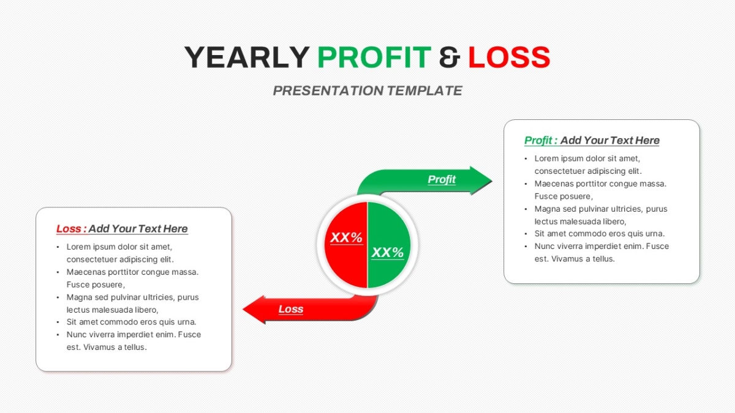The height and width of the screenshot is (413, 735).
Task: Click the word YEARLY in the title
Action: [x=247, y=58]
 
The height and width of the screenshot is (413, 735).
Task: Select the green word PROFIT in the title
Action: [x=374, y=58]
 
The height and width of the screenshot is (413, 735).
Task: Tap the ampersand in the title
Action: [x=450, y=58]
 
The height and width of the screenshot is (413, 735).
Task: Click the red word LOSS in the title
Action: [x=509, y=58]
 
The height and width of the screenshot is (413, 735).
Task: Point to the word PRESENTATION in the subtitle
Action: [x=328, y=91]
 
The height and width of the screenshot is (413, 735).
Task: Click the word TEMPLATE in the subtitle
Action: [x=425, y=91]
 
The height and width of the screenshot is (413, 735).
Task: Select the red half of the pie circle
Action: [x=345, y=245]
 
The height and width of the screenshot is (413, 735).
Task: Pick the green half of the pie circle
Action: [x=389, y=245]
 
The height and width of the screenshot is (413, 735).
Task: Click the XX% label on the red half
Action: [x=346, y=237]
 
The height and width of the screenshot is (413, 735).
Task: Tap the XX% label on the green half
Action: [x=388, y=252]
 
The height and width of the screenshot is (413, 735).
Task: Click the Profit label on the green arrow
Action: [x=442, y=179]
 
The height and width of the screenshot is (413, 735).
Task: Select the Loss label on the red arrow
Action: [x=291, y=309]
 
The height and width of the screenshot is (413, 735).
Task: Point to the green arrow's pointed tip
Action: [x=491, y=180]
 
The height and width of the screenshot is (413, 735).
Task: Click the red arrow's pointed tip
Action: [x=244, y=309]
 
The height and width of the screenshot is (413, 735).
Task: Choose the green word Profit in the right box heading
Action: [x=538, y=140]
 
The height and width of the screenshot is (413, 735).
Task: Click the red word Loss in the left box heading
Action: [x=69, y=229]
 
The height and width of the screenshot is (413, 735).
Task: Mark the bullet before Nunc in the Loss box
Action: [x=58, y=335]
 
